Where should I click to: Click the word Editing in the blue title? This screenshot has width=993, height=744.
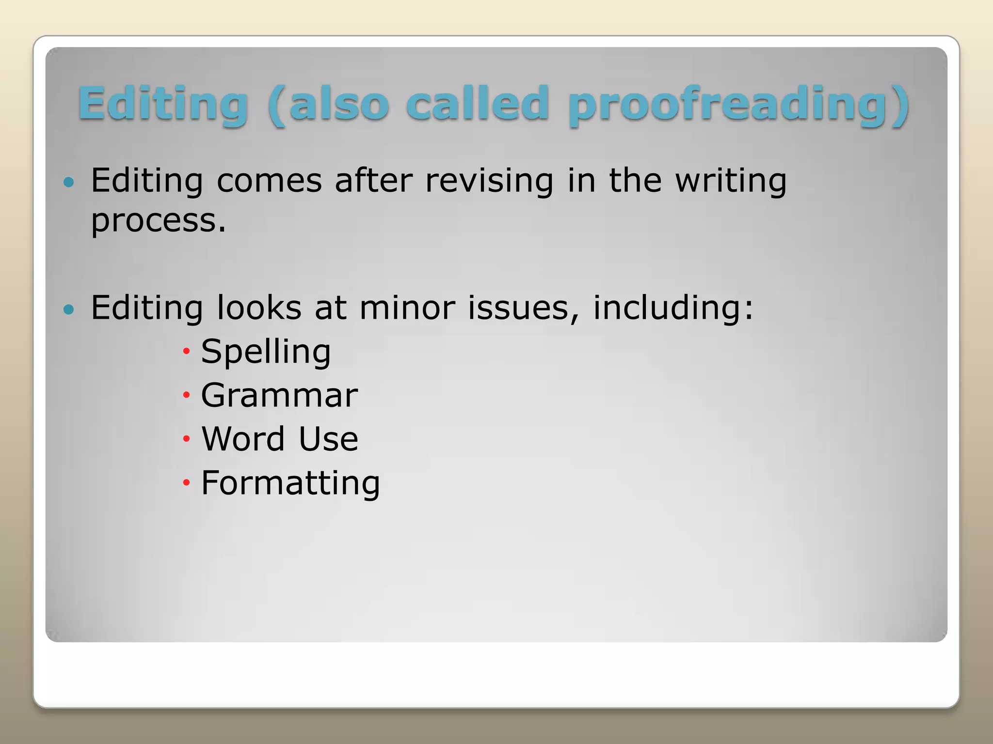pyautogui.click(x=163, y=104)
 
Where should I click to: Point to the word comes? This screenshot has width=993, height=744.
pyautogui.click(x=269, y=181)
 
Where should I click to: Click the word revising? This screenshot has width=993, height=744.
pyautogui.click(x=489, y=181)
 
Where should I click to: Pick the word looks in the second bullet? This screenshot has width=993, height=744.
pyautogui.click(x=259, y=308)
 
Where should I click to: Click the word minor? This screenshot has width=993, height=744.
pyautogui.click(x=407, y=308)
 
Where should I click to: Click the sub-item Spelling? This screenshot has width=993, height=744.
pyautogui.click(x=266, y=352)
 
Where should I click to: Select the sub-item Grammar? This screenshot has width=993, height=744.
pyautogui.click(x=279, y=395)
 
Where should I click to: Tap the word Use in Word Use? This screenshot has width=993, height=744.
pyautogui.click(x=328, y=439)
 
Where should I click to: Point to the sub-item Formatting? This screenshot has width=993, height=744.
pyautogui.click(x=290, y=483)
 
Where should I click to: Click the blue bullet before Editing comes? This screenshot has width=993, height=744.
pyautogui.click(x=69, y=183)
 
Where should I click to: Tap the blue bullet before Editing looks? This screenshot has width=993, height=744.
pyautogui.click(x=69, y=309)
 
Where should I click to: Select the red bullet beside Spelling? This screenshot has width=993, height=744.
pyautogui.click(x=186, y=351)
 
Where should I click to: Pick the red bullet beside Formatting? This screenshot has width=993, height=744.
pyautogui.click(x=186, y=482)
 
